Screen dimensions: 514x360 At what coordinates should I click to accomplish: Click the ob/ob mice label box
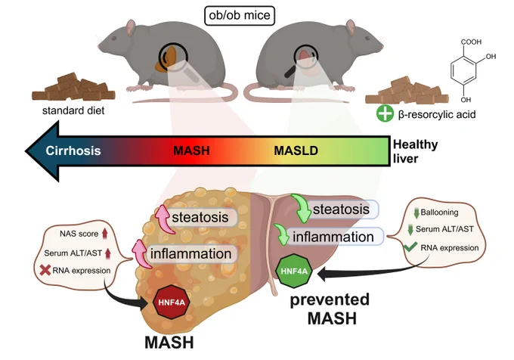coord(240,15)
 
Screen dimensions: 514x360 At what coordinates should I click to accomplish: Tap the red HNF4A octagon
coord(172,302)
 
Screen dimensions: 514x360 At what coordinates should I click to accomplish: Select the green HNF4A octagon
coord(294,272)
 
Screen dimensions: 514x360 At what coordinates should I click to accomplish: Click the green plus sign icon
coord(385,113)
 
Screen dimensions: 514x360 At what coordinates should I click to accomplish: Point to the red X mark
coord(45,270)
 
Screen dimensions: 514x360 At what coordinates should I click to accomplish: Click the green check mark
coord(410,247)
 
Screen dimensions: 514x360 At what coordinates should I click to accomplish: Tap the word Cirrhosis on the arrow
coord(73,151)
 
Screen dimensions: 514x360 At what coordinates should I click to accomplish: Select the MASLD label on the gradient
coord(296,151)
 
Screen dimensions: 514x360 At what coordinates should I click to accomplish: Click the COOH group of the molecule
coord(471,42)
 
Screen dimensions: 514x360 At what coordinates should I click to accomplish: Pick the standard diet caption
coord(73,110)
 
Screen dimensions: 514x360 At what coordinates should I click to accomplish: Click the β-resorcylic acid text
coord(437,114)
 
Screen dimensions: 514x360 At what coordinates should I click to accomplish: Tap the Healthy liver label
coord(415,151)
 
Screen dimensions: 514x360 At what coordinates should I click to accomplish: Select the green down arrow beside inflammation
coord(281,234)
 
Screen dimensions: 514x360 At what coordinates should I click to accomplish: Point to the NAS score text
coord(79,234)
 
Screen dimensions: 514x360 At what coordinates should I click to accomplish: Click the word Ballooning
coord(439,212)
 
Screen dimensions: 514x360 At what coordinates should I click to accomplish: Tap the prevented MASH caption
coord(330,309)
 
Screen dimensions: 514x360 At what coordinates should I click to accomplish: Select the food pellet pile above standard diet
coord(73,87)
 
